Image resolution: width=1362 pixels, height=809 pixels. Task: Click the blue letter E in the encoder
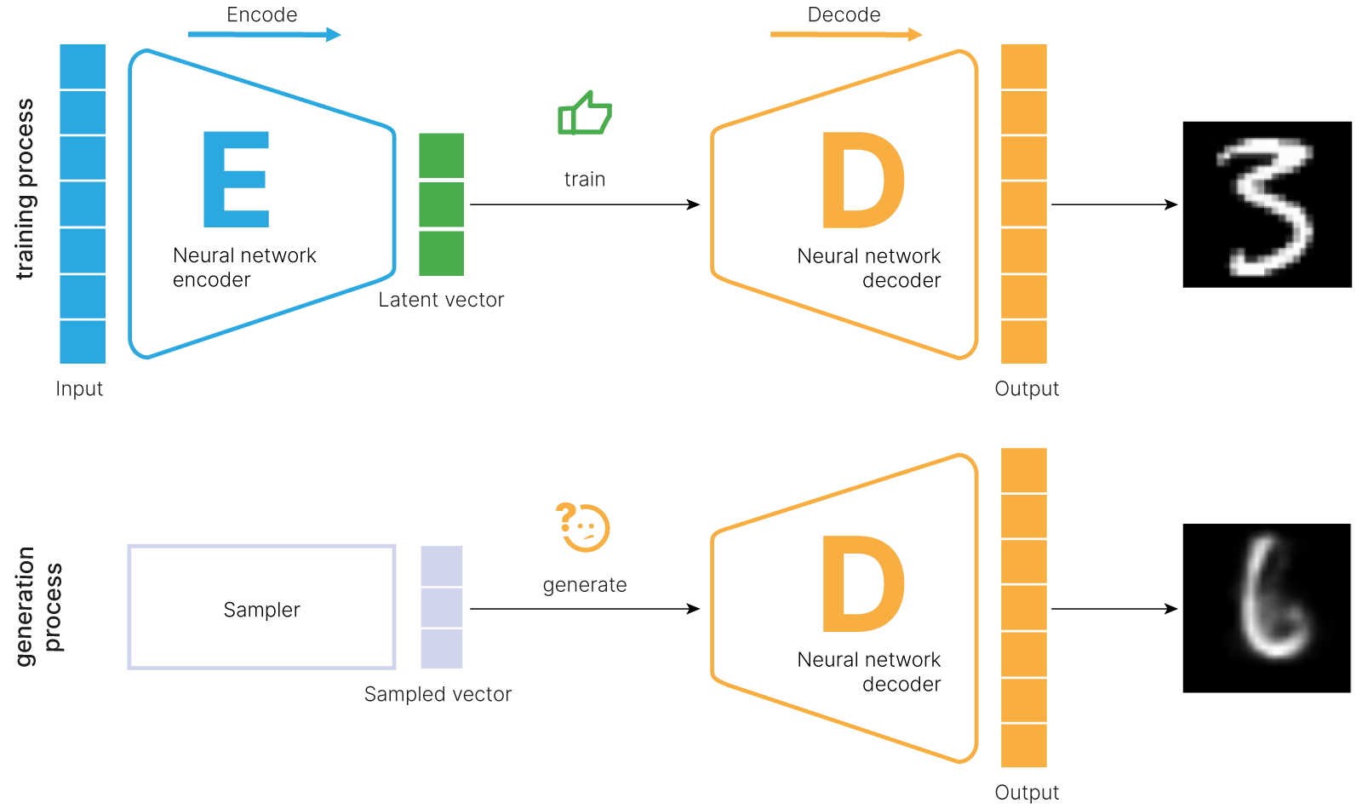pyautogui.click(x=236, y=180)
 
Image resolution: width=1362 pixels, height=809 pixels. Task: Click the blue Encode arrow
pyautogui.click(x=264, y=35)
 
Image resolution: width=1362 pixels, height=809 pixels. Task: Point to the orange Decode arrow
pyautogui.click(x=845, y=34)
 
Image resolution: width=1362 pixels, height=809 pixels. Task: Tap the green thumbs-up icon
pyautogui.click(x=584, y=114)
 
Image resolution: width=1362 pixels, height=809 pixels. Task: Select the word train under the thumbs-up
pyautogui.click(x=585, y=180)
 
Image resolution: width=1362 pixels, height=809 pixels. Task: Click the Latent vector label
pyautogui.click(x=441, y=300)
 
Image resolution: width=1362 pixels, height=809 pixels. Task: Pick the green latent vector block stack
pyautogui.click(x=441, y=204)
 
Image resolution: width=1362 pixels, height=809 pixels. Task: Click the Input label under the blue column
pyautogui.click(x=79, y=389)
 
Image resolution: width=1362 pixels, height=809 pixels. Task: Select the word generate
pyautogui.click(x=585, y=585)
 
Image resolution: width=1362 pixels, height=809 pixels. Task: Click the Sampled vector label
pyautogui.click(x=438, y=695)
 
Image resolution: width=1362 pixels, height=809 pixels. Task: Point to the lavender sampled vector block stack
pyautogui.click(x=442, y=607)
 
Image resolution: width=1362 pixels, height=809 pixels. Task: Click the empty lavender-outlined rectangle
pyautogui.click(x=261, y=607)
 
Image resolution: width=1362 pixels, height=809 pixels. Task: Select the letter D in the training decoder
pyautogui.click(x=861, y=181)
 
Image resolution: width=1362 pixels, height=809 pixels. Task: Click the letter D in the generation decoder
pyautogui.click(x=861, y=585)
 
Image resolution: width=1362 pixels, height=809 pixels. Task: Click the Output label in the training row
pyautogui.click(x=1027, y=389)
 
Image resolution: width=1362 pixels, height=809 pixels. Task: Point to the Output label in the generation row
pyautogui.click(x=1027, y=793)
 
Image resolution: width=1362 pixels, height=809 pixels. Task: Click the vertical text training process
pyautogui.click(x=26, y=189)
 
